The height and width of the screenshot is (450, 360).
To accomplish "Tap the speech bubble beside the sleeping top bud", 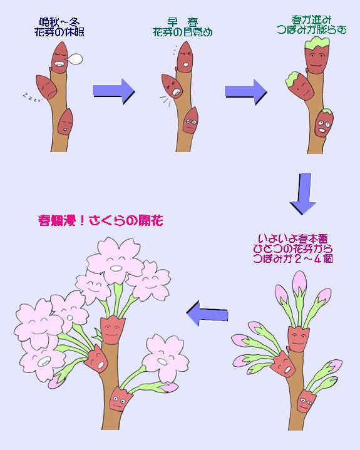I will [75, 59].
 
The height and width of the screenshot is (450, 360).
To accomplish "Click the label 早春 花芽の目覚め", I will [180, 26].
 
